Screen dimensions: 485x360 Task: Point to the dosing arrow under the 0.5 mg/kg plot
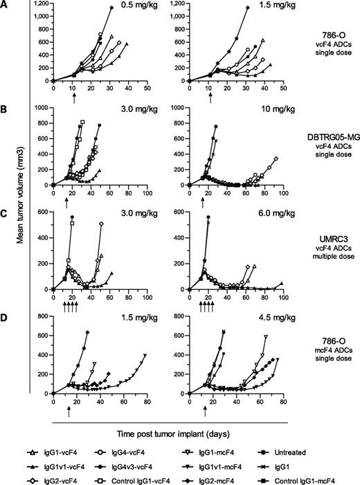point(74,95)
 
